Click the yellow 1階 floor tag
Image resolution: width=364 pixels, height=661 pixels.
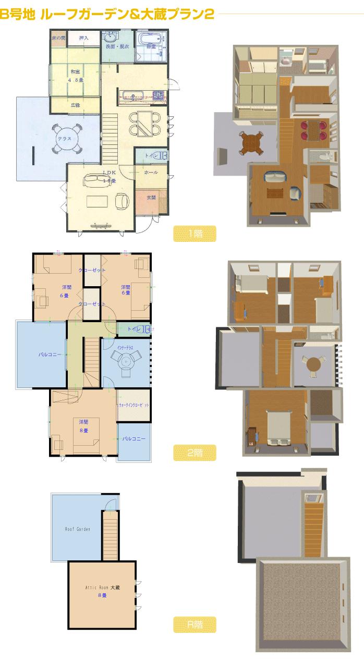coord(195,234)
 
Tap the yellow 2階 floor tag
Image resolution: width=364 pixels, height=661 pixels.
coord(195,452)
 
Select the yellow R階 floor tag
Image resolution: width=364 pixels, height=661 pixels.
coord(195,625)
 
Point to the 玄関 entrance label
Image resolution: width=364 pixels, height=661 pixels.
coord(151,197)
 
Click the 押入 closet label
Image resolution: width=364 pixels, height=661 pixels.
coord(83,38)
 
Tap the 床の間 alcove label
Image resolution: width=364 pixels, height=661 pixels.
coord(58,38)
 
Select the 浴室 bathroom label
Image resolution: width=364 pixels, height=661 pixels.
coord(151,46)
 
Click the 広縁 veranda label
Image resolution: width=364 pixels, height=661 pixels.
coord(76,105)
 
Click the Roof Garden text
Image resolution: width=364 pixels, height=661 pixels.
coord(77,529)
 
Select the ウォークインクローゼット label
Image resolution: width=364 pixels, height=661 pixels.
coord(134,405)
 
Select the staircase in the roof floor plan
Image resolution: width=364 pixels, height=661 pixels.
coord(110,534)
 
